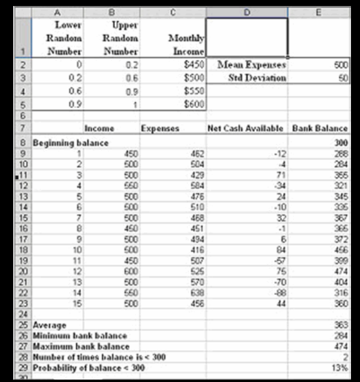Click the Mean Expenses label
coord(251,64)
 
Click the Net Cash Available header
coord(246,128)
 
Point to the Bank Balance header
coord(320,128)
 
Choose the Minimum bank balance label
coord(79,336)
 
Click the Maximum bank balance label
coord(80,346)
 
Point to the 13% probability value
coord(341,366)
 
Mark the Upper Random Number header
coord(125,37)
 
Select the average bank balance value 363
coord(341,326)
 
